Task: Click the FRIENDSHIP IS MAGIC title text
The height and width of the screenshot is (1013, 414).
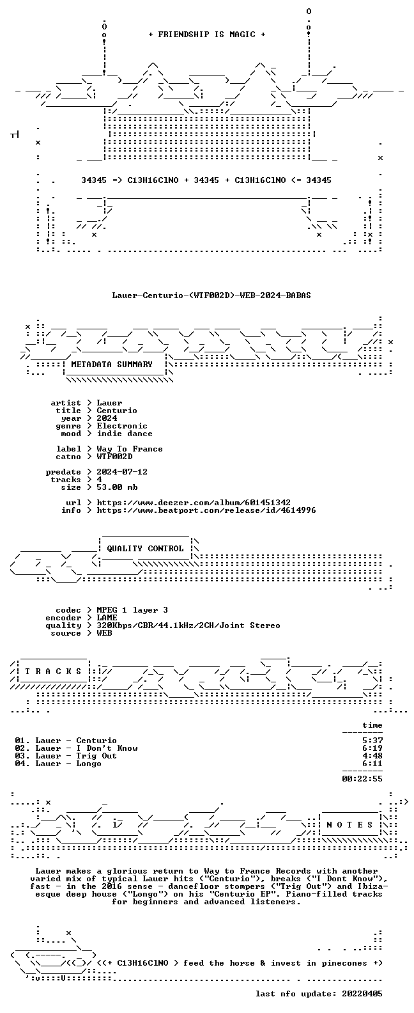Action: (207, 35)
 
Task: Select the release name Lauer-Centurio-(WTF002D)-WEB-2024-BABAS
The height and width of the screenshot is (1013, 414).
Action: (211, 295)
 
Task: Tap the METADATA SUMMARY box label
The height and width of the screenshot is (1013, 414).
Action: (112, 365)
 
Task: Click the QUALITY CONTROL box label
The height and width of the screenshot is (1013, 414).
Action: (145, 549)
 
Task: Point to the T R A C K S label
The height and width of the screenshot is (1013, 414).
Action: (53, 671)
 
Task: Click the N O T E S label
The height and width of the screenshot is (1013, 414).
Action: (349, 824)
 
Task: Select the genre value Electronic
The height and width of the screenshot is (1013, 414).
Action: (122, 426)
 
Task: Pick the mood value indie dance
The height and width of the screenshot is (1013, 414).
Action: (125, 434)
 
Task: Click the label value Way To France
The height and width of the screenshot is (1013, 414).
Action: (130, 449)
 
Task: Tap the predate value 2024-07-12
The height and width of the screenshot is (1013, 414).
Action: (122, 472)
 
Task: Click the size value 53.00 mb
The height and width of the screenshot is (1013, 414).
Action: (117, 487)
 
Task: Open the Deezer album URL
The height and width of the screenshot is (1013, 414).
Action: (194, 503)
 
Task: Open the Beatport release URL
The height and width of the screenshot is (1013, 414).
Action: (206, 510)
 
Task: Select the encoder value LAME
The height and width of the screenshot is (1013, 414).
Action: (107, 618)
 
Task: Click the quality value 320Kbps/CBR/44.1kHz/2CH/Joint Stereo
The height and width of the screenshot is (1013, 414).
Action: (188, 625)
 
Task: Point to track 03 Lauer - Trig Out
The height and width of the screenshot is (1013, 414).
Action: (66, 756)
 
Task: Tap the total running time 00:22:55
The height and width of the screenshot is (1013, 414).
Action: (362, 779)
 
